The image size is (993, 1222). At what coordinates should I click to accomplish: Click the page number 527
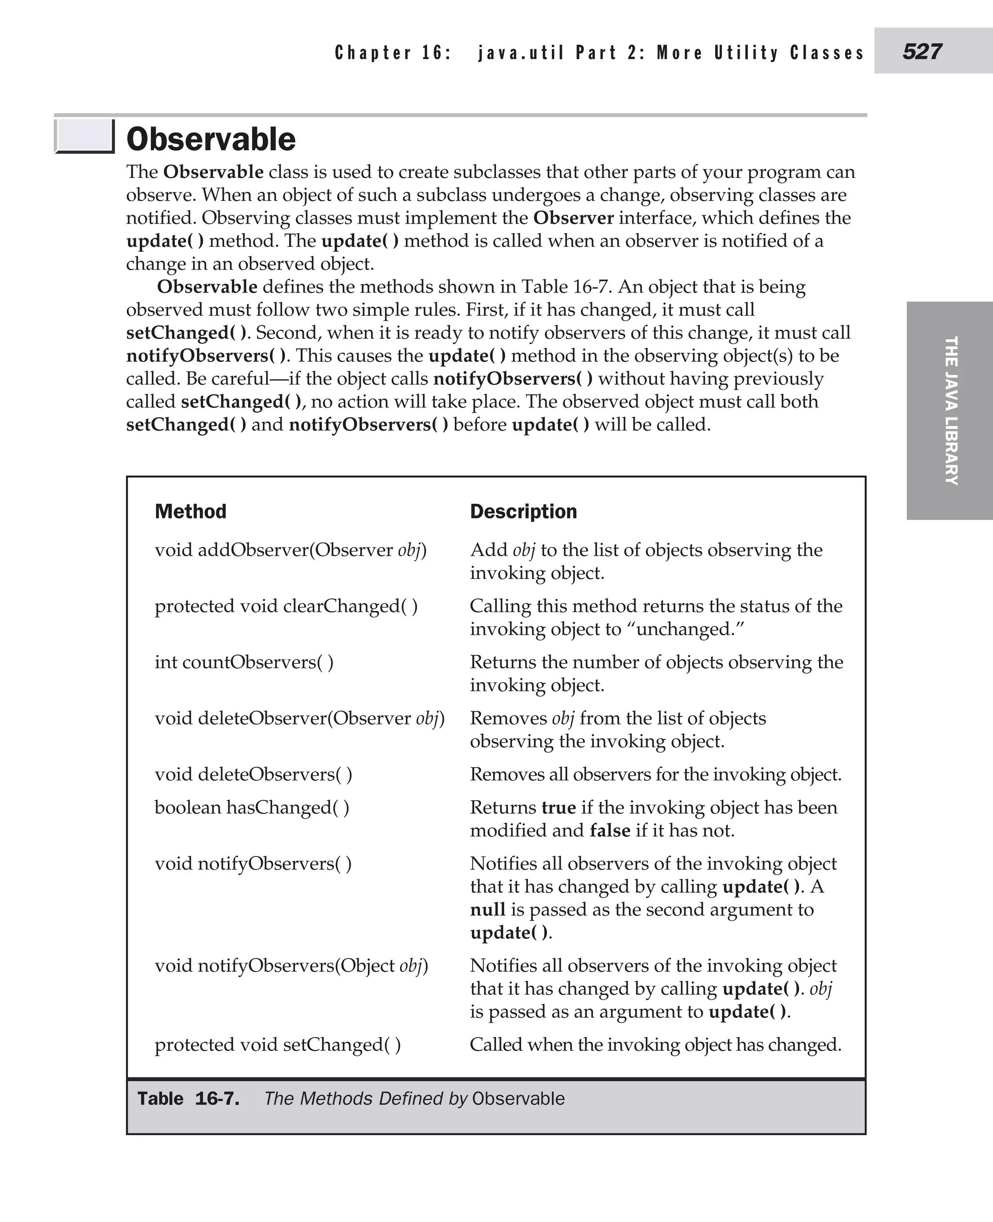[x=922, y=51]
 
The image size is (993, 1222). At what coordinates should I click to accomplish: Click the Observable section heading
[x=210, y=139]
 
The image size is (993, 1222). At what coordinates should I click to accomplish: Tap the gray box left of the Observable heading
[x=84, y=137]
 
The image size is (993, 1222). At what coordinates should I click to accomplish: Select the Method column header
[x=191, y=511]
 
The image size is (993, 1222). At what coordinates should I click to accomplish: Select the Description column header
[x=523, y=511]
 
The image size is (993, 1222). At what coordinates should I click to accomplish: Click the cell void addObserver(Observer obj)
[x=290, y=550]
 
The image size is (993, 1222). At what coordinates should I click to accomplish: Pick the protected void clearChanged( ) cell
[x=286, y=606]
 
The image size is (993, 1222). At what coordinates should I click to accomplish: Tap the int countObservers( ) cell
[x=244, y=662]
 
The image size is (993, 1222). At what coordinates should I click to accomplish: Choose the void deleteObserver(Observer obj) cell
[x=299, y=718]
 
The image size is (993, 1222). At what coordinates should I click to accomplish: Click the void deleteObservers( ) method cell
[x=254, y=774]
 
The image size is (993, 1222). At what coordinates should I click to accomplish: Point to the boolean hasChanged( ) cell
[x=252, y=807]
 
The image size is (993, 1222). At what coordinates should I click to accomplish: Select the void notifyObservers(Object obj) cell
[x=291, y=965]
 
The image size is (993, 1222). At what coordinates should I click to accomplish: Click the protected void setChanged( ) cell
[x=277, y=1045]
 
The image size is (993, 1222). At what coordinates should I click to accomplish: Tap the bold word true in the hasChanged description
[x=558, y=807]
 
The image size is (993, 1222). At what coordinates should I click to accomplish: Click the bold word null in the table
[x=487, y=910]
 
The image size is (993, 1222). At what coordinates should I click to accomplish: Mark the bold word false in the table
[x=610, y=830]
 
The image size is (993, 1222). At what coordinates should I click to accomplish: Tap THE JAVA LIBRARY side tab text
[x=951, y=411]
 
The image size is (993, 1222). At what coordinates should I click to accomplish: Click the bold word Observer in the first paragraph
[x=573, y=218]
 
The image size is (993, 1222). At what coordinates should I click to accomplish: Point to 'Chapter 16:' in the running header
[x=393, y=53]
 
